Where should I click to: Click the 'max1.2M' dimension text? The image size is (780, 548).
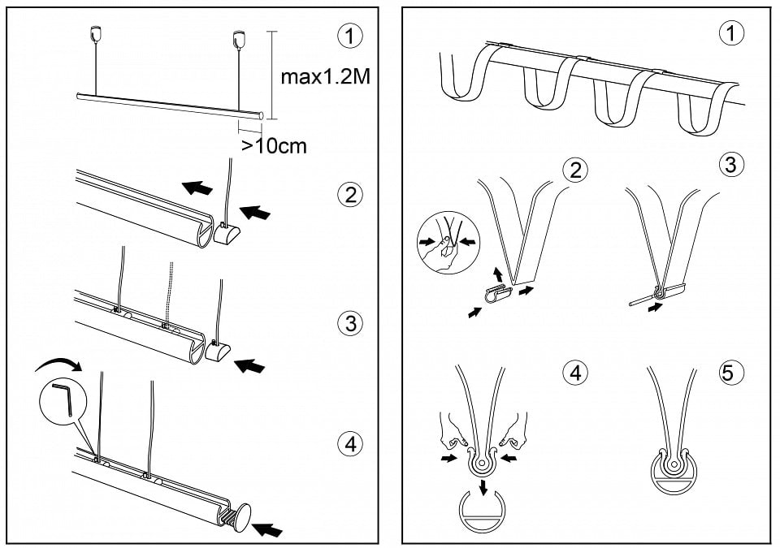pos(325,77)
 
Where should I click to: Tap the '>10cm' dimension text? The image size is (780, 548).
pos(274,146)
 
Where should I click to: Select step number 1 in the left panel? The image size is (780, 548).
pos(350,36)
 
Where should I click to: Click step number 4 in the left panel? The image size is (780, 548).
pos(350,444)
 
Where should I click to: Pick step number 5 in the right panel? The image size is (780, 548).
pos(728,373)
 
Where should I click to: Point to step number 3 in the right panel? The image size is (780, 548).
pos(730,164)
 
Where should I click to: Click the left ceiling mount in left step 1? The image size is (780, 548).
pos(94,34)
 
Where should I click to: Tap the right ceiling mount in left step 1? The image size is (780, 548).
pos(239,37)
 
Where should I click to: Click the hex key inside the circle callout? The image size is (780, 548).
pos(63,399)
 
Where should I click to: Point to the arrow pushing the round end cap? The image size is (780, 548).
pos(267,529)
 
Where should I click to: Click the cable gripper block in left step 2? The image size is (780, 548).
pos(227,232)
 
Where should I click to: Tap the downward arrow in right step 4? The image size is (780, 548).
pos(482,488)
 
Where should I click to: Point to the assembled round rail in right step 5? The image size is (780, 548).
pos(674,472)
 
